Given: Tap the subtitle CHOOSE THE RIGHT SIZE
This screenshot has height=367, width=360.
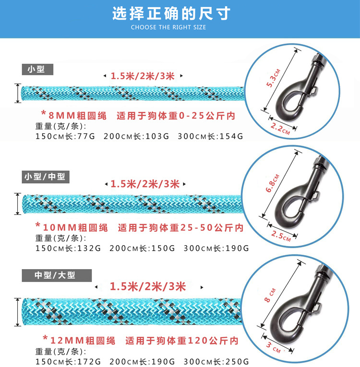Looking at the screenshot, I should click(x=168, y=27).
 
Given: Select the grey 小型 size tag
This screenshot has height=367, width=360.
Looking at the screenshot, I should click(x=36, y=69).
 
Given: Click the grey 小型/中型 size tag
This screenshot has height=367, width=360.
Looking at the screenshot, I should click(x=46, y=177).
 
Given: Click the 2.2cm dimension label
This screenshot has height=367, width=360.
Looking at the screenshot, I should click(x=280, y=128).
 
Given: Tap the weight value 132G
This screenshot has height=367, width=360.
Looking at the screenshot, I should click(x=88, y=249).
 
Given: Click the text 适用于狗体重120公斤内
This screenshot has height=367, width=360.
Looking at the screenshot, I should click(x=182, y=341).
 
